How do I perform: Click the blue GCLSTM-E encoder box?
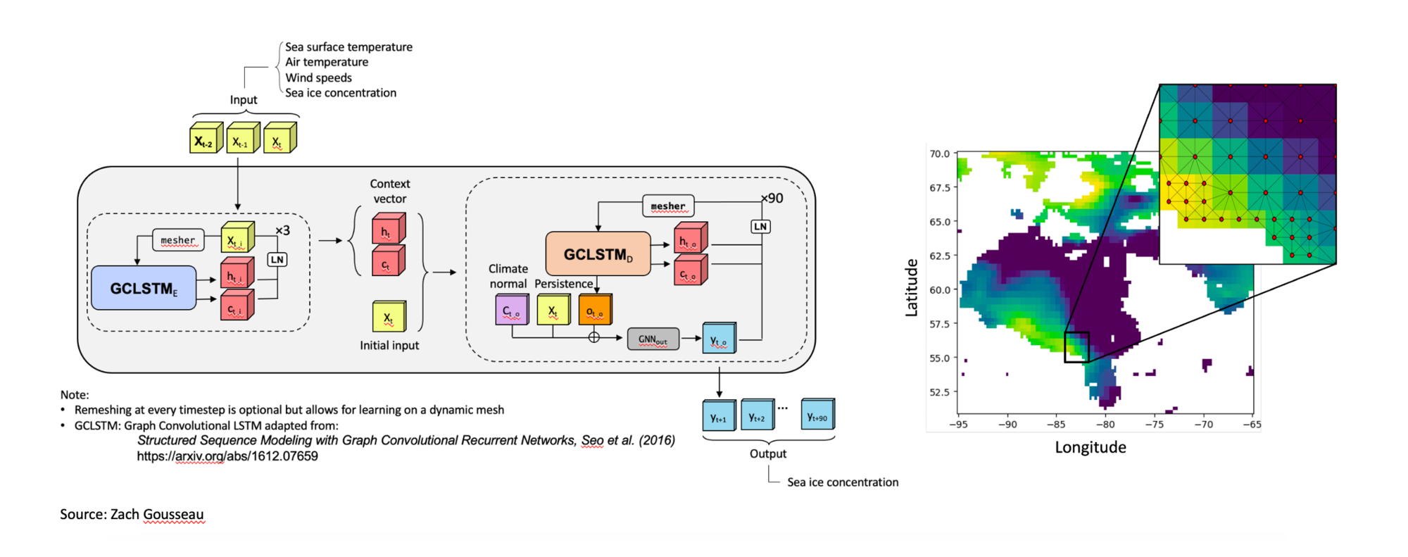tap(144, 288)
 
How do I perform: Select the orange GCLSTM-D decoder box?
tap(598, 254)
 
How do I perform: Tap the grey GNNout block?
tap(653, 339)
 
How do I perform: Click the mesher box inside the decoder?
tap(667, 206)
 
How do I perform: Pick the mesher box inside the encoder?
tap(177, 240)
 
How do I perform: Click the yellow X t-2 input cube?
tap(205, 139)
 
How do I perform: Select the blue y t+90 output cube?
tap(817, 415)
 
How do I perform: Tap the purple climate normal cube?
tap(511, 310)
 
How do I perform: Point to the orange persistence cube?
tap(595, 310)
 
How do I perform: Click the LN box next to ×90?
tap(760, 227)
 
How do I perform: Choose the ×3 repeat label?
tap(282, 230)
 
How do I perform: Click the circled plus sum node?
tap(594, 337)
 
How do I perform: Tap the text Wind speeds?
tap(318, 77)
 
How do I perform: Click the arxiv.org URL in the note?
tap(227, 456)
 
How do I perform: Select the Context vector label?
tap(389, 191)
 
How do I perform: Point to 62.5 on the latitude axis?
tap(939, 256)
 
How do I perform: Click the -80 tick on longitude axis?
tap(1105, 425)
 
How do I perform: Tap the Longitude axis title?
tap(1090, 447)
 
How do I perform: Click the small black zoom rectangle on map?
tap(1076, 347)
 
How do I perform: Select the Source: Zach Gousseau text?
tap(132, 514)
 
